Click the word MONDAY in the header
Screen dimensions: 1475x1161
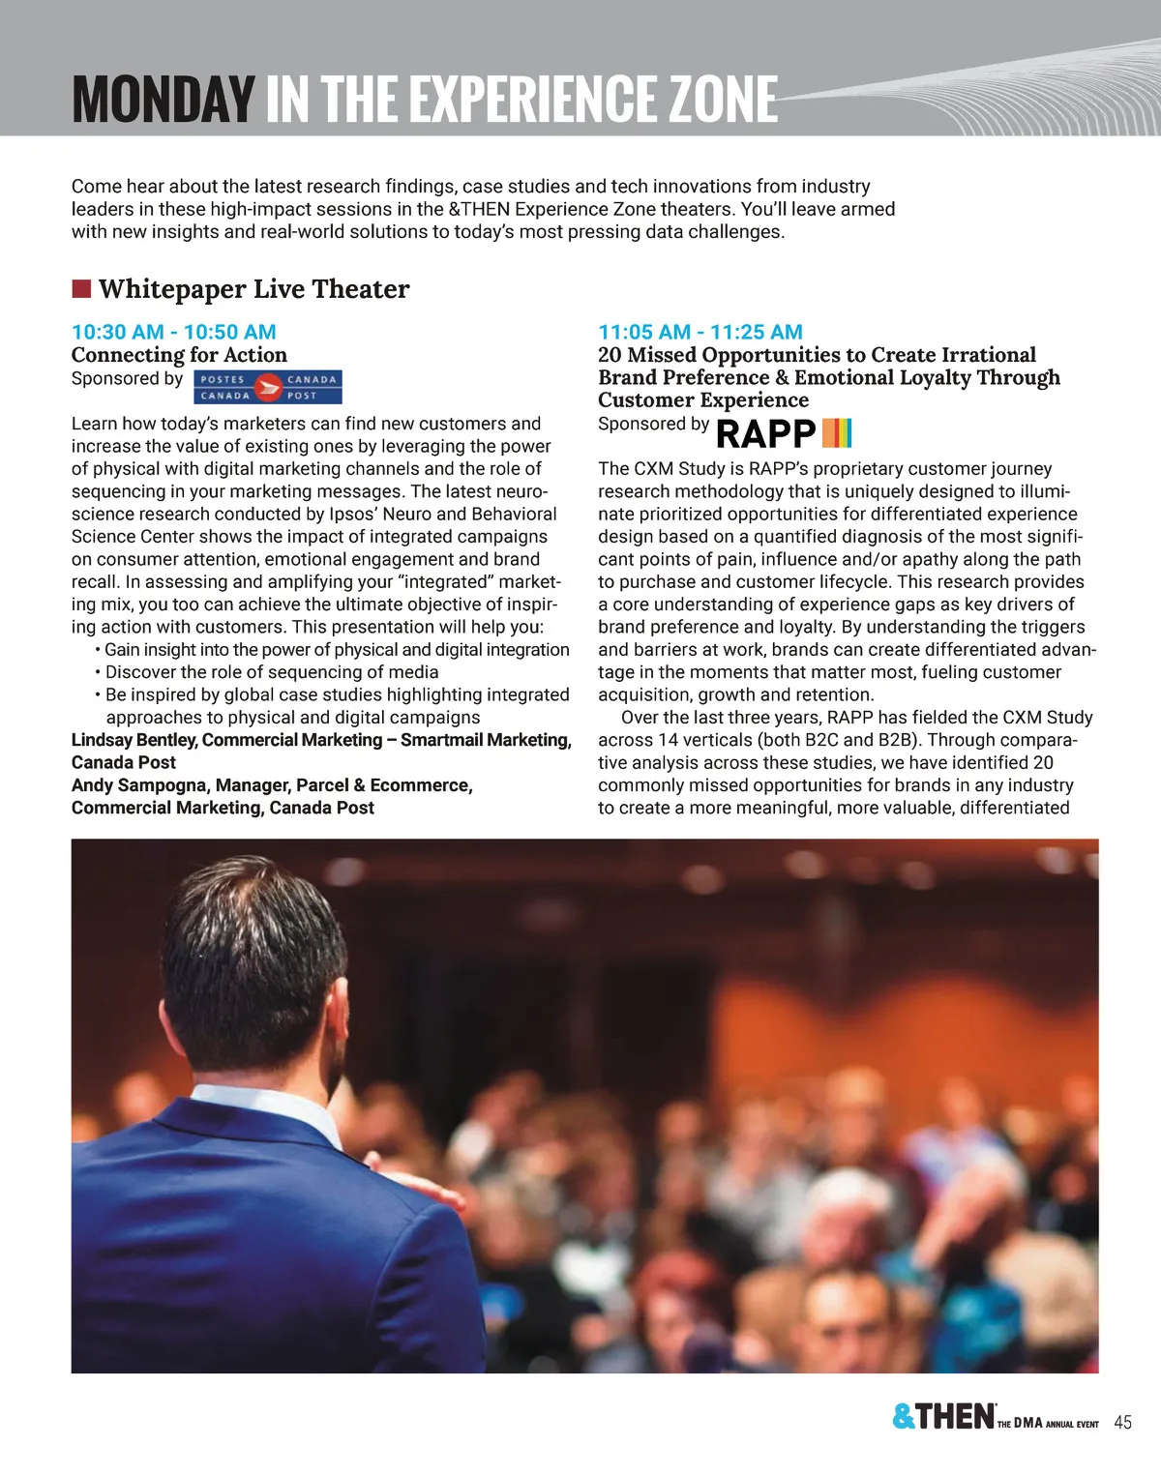(x=163, y=99)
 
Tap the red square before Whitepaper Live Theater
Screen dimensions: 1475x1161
(x=81, y=288)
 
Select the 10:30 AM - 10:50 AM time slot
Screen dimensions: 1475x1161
(x=174, y=332)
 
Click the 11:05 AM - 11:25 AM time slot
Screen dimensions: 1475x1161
(x=700, y=332)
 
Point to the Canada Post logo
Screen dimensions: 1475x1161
(x=268, y=387)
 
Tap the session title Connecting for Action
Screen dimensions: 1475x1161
(x=179, y=355)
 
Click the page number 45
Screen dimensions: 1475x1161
(x=1123, y=1422)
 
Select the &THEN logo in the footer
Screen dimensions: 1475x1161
(x=943, y=1417)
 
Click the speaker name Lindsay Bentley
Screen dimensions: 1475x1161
(x=133, y=740)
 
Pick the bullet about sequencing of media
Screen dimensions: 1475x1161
(x=271, y=672)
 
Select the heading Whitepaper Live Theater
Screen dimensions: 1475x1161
(x=253, y=288)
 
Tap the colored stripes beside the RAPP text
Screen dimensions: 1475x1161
(x=837, y=433)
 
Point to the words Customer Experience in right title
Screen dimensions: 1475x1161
(x=702, y=400)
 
